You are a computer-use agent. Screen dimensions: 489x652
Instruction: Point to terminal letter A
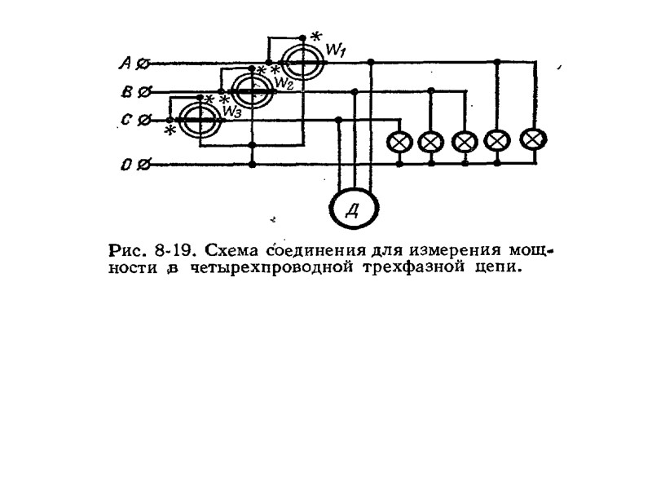click(x=126, y=62)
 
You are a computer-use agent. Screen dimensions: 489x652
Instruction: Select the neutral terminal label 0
click(x=126, y=165)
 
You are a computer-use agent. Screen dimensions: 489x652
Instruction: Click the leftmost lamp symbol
click(x=399, y=142)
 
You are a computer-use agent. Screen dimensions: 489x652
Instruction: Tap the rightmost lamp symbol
click(x=532, y=139)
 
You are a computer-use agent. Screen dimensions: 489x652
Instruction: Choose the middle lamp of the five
click(x=464, y=142)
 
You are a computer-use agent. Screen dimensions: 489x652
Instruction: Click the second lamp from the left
click(x=430, y=142)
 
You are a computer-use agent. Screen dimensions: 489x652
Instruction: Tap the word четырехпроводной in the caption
click(x=269, y=267)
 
